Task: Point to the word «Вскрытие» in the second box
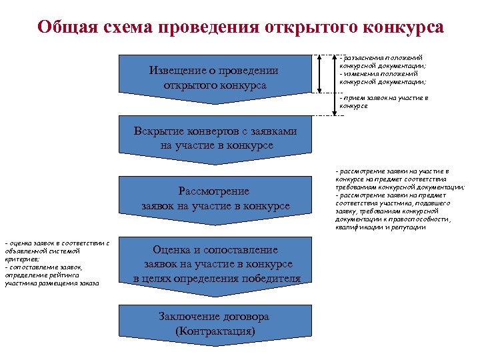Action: point(157,131)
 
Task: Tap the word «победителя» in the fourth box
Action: point(265,278)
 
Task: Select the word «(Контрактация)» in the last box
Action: point(215,331)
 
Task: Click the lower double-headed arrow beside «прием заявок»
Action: point(333,102)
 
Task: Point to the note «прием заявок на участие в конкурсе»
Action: point(383,102)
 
